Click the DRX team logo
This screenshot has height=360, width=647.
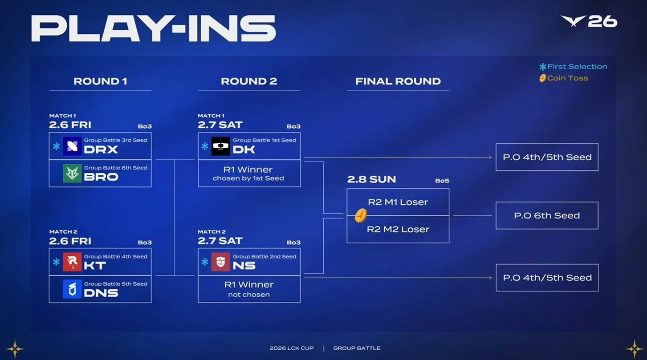pos(72,146)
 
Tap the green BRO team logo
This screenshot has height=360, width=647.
pos(72,174)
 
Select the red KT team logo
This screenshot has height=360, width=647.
pos(72,262)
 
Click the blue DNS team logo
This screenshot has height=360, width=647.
pos(72,289)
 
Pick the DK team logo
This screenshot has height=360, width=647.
pos(221,146)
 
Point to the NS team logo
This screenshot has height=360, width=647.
pos(221,262)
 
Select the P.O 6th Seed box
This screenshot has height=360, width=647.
pos(547,215)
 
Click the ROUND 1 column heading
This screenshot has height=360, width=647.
pos(100,81)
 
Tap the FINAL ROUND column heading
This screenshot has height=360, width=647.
pos(398,81)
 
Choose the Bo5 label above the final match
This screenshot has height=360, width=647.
pos(442,181)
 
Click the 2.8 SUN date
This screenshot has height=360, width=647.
pos(371,180)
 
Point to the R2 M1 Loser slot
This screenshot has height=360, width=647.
pos(398,202)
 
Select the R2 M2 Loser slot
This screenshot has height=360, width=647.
pos(398,229)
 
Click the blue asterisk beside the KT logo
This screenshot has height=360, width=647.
pos(56,262)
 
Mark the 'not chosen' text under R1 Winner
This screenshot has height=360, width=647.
pos(249,295)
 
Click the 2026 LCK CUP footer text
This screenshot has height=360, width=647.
pos(291,348)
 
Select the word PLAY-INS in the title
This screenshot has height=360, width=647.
pos(153,29)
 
